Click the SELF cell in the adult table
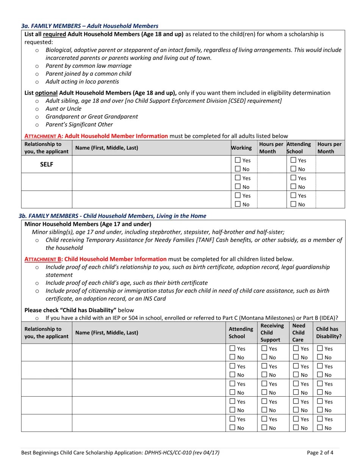point(47,164)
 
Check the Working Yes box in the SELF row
point(238,160)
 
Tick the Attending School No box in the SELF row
point(293,169)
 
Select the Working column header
point(242,148)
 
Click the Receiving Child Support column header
point(272,333)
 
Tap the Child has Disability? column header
point(329,333)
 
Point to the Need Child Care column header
point(299,333)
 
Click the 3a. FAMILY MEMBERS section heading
point(89,26)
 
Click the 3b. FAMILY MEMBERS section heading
point(112,216)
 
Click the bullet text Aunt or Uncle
point(63,109)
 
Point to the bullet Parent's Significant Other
point(79,125)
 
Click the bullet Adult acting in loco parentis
point(82,82)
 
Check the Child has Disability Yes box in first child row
point(320,348)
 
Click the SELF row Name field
point(151,164)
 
